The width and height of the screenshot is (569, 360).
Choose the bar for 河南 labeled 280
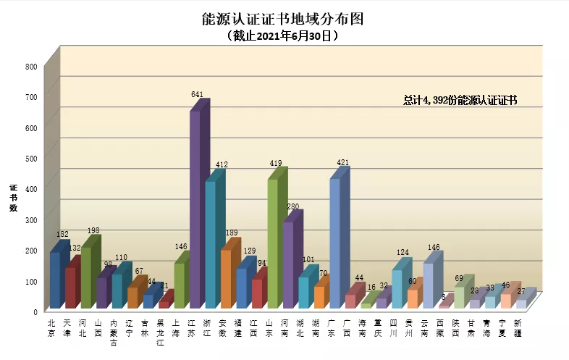click(x=288, y=265)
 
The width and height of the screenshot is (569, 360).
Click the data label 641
click(x=197, y=94)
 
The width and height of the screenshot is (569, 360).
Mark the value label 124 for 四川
click(x=402, y=253)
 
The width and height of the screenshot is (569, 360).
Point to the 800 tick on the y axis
click(x=30, y=67)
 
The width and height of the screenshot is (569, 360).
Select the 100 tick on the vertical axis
click(x=30, y=280)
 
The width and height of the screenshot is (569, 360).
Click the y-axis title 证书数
click(x=13, y=198)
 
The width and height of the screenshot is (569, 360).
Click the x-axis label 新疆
click(x=519, y=327)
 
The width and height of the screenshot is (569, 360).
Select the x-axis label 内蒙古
click(x=114, y=332)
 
